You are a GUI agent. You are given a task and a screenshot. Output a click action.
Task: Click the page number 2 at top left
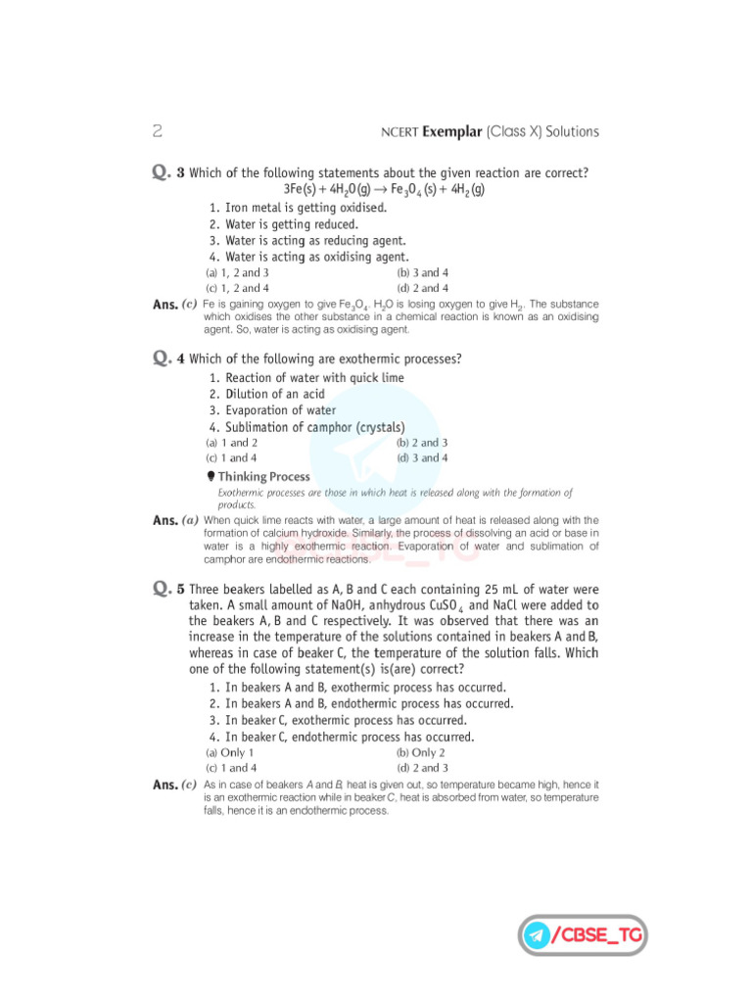point(158,131)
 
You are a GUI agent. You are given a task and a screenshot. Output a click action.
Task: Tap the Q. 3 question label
point(168,172)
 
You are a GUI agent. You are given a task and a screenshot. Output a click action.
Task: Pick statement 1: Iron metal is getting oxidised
point(298,208)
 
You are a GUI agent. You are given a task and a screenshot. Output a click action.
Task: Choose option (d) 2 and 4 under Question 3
point(422,288)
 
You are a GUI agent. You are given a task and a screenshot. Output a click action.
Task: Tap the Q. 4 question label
point(168,358)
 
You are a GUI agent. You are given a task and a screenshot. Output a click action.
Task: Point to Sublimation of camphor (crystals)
point(306,427)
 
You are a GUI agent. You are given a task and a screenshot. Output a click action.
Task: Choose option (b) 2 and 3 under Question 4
point(422,443)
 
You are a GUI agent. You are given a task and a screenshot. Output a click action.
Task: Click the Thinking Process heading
point(263,477)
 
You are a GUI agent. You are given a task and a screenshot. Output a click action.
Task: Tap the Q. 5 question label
point(168,589)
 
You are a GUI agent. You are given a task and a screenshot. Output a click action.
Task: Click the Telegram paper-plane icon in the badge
point(536,934)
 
